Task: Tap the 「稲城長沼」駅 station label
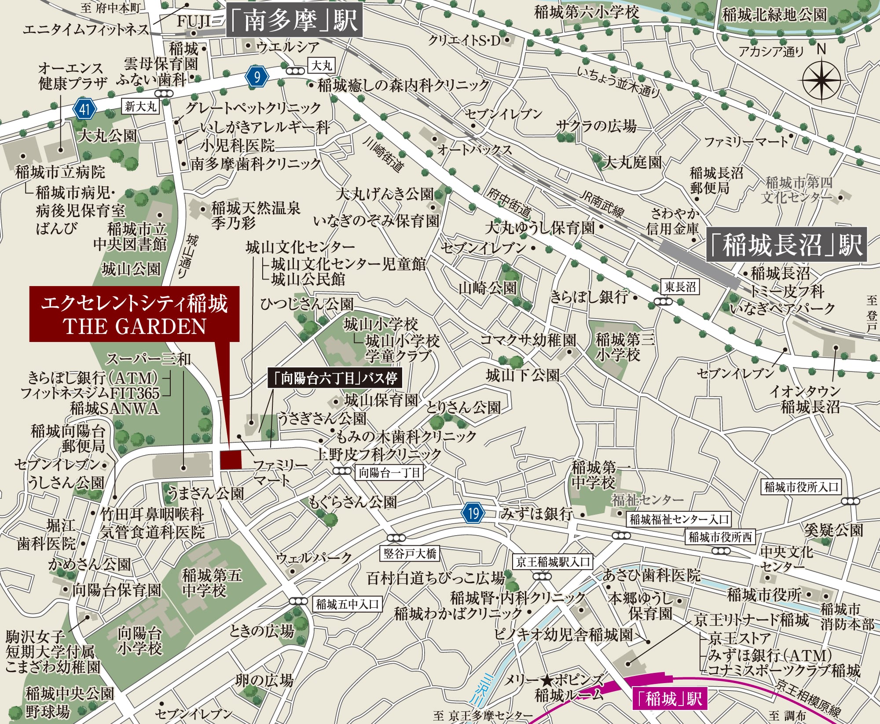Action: [786, 245]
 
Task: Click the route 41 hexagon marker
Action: [85, 108]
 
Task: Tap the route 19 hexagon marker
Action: [473, 513]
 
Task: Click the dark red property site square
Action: [231, 460]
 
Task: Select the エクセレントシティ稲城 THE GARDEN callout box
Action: [134, 314]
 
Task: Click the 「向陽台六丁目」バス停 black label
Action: [334, 379]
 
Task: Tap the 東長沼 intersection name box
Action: [680, 287]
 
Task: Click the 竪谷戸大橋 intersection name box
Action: [410, 554]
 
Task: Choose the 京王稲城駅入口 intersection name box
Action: [553, 562]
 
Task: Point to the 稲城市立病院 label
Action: [60, 172]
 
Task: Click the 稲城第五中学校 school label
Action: [212, 583]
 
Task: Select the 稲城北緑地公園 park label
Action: [774, 15]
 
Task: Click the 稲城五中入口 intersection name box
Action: [347, 604]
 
